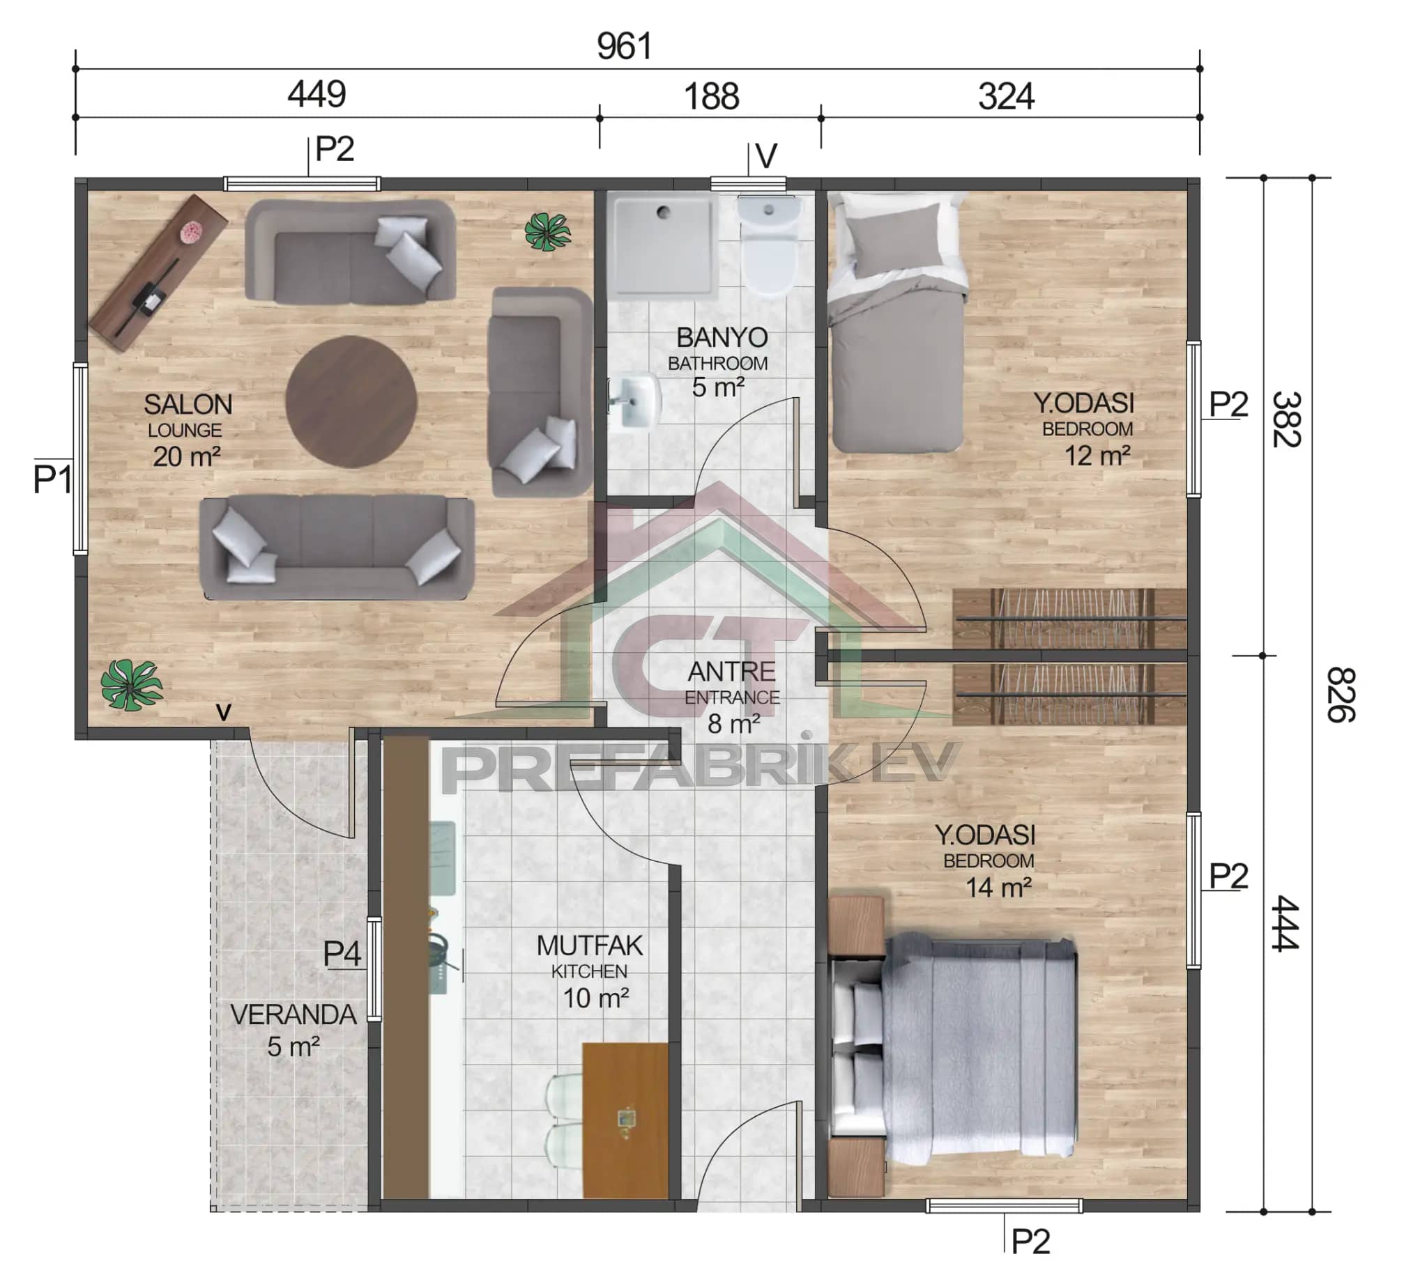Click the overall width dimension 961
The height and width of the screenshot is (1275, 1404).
pos(624,47)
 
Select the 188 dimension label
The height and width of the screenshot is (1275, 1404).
pos(711,96)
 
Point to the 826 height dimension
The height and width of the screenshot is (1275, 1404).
pos(1339,695)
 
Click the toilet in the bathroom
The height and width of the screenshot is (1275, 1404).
pos(768,250)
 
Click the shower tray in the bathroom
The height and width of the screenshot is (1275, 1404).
pos(662,245)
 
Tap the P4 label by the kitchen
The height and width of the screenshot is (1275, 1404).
pos(342,953)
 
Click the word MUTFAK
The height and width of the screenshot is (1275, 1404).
pos(590,945)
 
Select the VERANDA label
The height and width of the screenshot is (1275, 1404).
pos(293,1014)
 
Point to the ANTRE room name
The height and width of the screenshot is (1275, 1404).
pos(731,672)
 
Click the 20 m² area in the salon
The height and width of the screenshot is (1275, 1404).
pos(186,456)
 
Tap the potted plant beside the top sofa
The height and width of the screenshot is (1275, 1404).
pos(547,231)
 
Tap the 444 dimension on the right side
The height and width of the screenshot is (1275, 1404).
pos(1282,922)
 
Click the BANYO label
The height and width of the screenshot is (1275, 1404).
pos(722,338)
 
